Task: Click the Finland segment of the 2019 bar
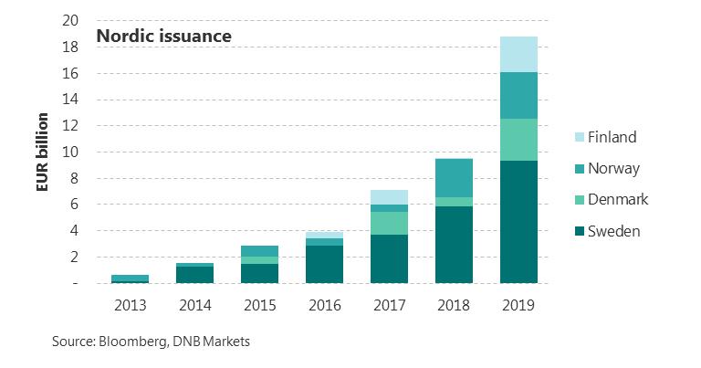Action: [x=518, y=54]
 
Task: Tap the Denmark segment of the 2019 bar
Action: [x=518, y=140]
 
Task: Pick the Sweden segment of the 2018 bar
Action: [x=454, y=245]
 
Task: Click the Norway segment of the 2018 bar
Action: [x=454, y=178]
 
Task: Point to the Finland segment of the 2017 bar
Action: [x=389, y=197]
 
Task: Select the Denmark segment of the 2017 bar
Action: [x=389, y=223]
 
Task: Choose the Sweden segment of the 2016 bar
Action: [x=325, y=264]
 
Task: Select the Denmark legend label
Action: [x=620, y=200]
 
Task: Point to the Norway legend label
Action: [x=613, y=169]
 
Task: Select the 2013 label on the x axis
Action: [x=131, y=306]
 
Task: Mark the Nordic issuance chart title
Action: [x=164, y=37]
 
